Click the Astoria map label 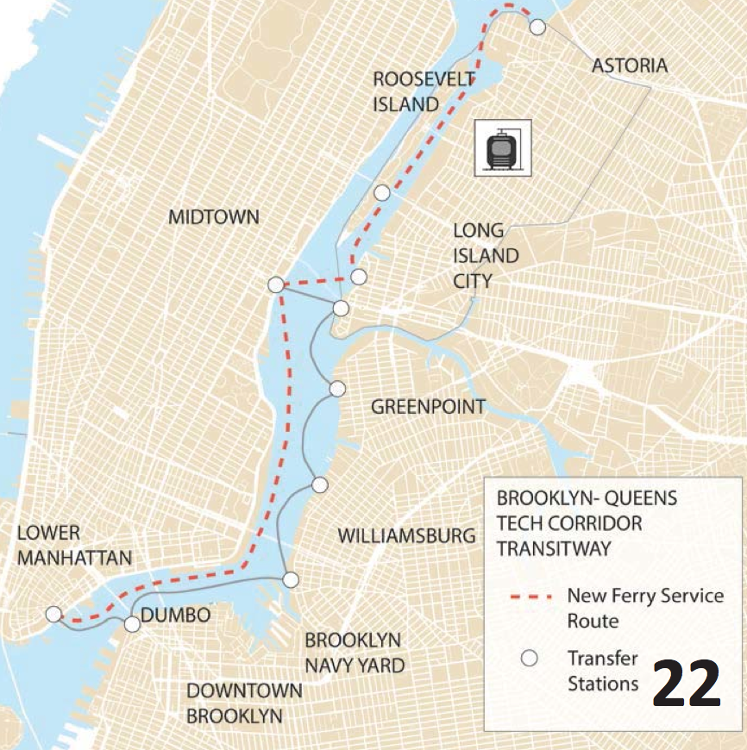coord(629,66)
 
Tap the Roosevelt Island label coord(424,91)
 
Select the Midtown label coord(213,216)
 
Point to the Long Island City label coord(486,255)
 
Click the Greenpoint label coord(428,407)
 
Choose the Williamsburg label coord(405,535)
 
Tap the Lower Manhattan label coord(74,545)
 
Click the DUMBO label coord(175,616)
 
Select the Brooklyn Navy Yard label coord(354,653)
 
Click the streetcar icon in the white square coord(503,148)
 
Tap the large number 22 coord(686,684)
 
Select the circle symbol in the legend coord(530,659)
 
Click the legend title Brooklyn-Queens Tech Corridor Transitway coord(587,523)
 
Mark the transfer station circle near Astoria coord(537,28)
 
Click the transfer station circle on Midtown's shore coord(275,284)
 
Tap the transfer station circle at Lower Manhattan coord(53,614)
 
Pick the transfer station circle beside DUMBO coord(131,624)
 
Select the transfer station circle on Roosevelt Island coord(381,192)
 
